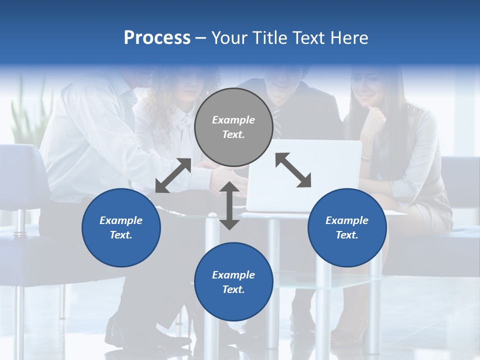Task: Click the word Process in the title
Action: point(157,38)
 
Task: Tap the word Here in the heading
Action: point(348,38)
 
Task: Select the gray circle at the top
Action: point(233,127)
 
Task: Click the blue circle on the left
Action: point(121,227)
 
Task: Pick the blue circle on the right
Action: point(347,227)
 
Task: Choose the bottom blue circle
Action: point(233,282)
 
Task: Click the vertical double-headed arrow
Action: point(229,205)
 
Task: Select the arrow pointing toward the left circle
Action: point(173,175)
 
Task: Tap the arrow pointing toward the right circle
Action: point(293,170)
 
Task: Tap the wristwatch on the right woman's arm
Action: point(366,157)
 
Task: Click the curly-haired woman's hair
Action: point(207,80)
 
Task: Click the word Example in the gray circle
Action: point(233,120)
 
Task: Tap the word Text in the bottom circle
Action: point(232,289)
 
